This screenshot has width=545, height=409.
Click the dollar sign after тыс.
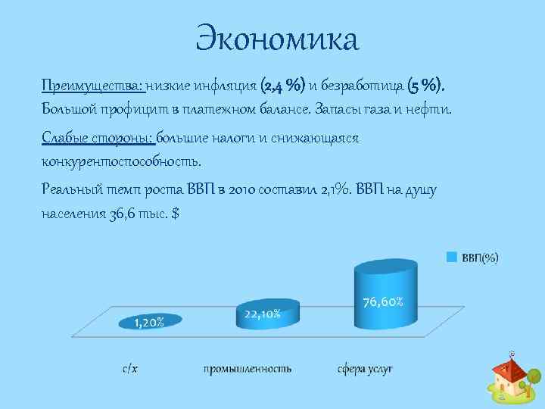click(x=176, y=214)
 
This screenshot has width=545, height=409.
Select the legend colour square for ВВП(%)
click(x=450, y=257)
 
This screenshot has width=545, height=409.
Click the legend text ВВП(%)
click(x=480, y=258)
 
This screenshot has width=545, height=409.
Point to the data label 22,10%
click(x=263, y=313)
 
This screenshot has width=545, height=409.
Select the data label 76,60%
click(x=388, y=301)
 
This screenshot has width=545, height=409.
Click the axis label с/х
click(x=130, y=369)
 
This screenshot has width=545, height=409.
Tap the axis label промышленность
click(x=247, y=369)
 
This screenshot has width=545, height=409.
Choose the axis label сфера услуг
click(x=365, y=369)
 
